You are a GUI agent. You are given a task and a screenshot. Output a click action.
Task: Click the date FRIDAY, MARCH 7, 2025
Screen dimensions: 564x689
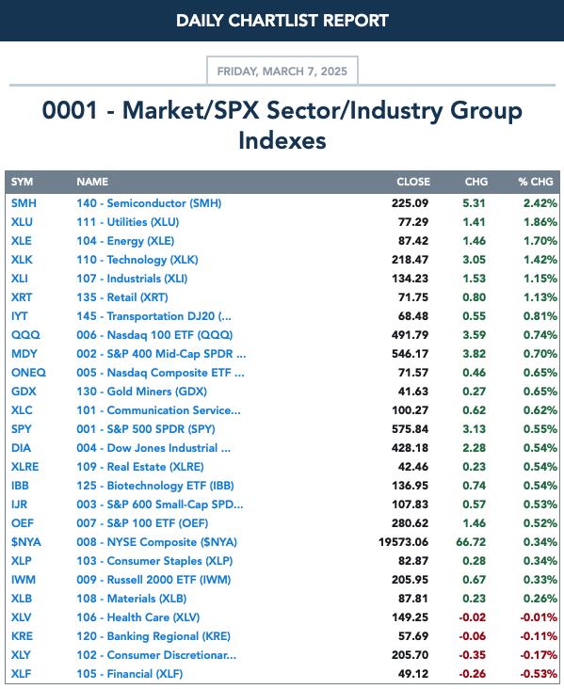click(x=282, y=72)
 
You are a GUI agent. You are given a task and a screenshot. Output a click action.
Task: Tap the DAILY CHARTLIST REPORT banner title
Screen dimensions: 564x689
click(x=282, y=21)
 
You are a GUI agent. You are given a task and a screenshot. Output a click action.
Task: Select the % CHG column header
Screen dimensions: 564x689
click(x=536, y=182)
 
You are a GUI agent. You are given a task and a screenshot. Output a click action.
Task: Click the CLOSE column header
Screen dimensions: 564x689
click(x=413, y=182)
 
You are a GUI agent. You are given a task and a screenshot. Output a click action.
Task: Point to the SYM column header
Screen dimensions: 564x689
click(x=22, y=182)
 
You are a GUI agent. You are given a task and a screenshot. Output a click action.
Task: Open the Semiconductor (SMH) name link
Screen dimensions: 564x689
click(x=149, y=203)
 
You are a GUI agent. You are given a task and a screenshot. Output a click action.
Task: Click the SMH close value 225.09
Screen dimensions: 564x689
click(x=410, y=203)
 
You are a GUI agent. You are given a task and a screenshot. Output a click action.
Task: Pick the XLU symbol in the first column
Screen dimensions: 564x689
click(x=22, y=222)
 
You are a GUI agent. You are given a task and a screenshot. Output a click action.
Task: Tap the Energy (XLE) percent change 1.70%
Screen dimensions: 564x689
click(x=540, y=241)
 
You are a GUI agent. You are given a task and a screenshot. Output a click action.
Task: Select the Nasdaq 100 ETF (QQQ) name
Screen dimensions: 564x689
click(x=154, y=335)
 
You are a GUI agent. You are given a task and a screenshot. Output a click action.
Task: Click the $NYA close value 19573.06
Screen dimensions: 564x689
click(x=404, y=542)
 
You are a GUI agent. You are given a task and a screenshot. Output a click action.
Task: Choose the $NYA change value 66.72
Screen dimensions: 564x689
click(x=471, y=542)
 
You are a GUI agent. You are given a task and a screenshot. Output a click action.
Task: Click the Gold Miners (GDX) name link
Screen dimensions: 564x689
click(x=141, y=392)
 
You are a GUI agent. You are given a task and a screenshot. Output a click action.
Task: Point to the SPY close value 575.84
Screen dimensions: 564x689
click(x=410, y=429)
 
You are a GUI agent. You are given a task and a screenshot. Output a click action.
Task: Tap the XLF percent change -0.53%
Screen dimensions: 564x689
click(x=539, y=674)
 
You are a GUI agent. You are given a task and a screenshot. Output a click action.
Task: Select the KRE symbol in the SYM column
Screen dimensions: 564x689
click(x=22, y=636)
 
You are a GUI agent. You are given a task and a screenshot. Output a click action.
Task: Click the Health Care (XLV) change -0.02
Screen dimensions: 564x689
click(x=472, y=617)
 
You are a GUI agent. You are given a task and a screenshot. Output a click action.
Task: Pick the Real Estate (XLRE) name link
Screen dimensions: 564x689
click(x=140, y=467)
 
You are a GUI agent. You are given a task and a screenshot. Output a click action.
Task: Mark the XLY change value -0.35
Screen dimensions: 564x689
click(x=472, y=655)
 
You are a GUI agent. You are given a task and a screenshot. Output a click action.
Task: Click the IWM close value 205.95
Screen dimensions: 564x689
click(x=410, y=580)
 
